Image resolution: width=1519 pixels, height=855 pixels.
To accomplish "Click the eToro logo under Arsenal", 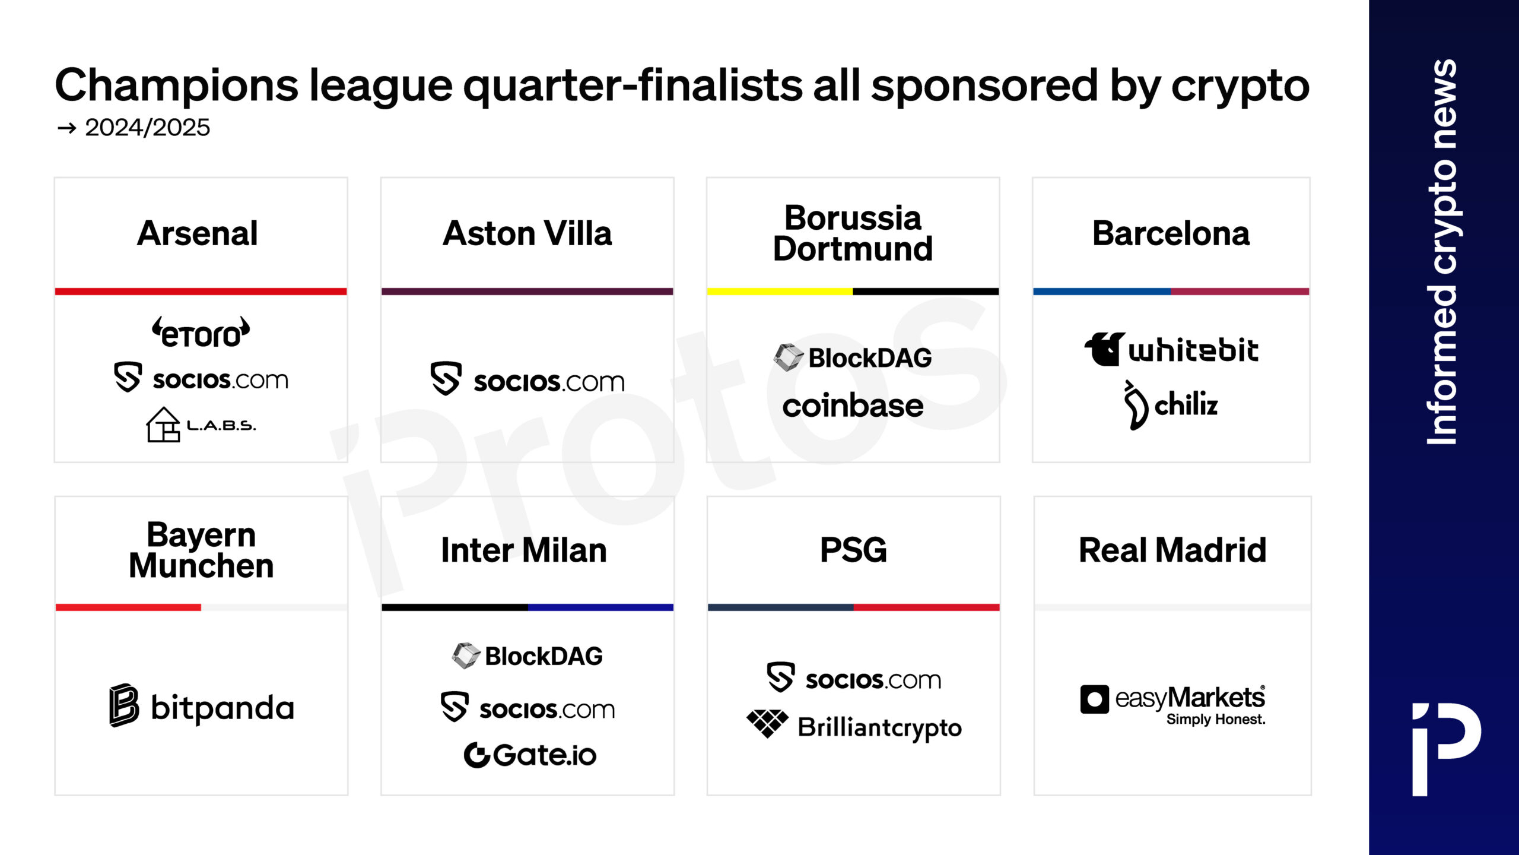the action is pyautogui.click(x=201, y=332).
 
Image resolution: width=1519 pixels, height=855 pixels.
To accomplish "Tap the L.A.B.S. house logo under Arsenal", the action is pyautogui.click(x=201, y=425).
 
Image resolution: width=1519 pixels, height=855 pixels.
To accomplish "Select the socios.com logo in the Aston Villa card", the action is pyautogui.click(x=527, y=379).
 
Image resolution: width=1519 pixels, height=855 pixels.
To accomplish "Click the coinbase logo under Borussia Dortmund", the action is pyautogui.click(x=853, y=406).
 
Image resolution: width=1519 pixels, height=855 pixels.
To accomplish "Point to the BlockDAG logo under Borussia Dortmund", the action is pyautogui.click(x=853, y=357).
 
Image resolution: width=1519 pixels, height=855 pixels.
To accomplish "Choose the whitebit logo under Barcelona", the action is pyautogui.click(x=1171, y=349).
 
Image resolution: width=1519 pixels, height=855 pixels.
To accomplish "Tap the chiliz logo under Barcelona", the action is pyautogui.click(x=1171, y=405).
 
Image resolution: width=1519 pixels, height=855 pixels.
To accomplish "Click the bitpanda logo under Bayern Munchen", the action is pyautogui.click(x=202, y=706).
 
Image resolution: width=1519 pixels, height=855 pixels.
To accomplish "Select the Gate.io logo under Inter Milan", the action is pyautogui.click(x=530, y=755).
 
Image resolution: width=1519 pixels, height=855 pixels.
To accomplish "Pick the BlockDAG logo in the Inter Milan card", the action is pyautogui.click(x=527, y=656).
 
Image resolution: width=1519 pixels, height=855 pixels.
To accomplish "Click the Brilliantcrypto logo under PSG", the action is pyautogui.click(x=854, y=726).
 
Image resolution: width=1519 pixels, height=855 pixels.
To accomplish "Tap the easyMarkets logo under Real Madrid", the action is pyautogui.click(x=1173, y=705).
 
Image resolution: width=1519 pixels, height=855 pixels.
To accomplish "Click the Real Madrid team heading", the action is pyautogui.click(x=1172, y=550).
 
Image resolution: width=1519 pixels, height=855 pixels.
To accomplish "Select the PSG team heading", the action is pyautogui.click(x=853, y=550).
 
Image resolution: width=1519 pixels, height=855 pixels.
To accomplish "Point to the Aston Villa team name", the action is pyautogui.click(x=527, y=233).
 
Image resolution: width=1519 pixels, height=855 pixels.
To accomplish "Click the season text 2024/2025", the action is pyautogui.click(x=147, y=127).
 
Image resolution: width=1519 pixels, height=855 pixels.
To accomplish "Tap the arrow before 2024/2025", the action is pyautogui.click(x=67, y=128).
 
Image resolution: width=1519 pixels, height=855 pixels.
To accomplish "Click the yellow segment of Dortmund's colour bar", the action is pyautogui.click(x=780, y=292).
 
